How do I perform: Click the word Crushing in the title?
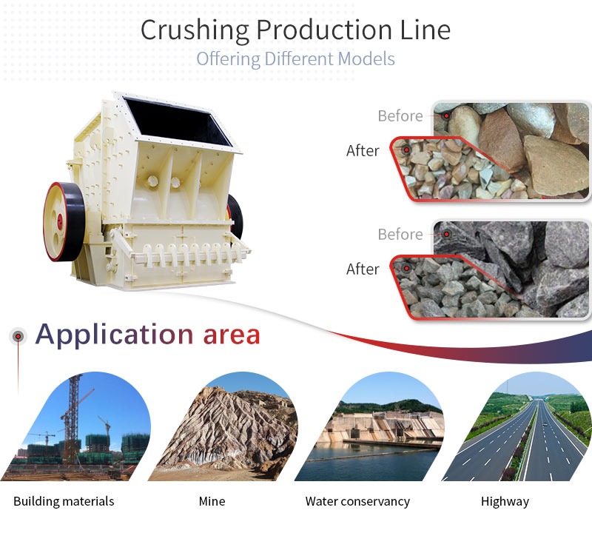pyautogui.click(x=195, y=30)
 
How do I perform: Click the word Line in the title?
pyautogui.click(x=425, y=30)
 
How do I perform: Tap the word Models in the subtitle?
pyautogui.click(x=366, y=58)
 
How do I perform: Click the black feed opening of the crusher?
pyautogui.click(x=178, y=121)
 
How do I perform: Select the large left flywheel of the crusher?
pyautogui.click(x=64, y=222)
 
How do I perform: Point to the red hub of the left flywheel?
pyautogui.click(x=60, y=220)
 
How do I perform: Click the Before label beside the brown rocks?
pyautogui.click(x=400, y=115)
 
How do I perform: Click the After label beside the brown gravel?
pyautogui.click(x=363, y=150)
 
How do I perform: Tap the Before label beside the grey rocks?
pyautogui.click(x=400, y=234)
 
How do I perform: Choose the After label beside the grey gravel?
pyautogui.click(x=363, y=269)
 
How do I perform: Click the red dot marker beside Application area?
pyautogui.click(x=18, y=336)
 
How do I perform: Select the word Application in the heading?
pyautogui.click(x=115, y=335)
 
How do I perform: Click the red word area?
pyautogui.click(x=232, y=335)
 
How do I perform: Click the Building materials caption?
pyautogui.click(x=64, y=501)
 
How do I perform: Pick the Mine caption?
pyautogui.click(x=212, y=501)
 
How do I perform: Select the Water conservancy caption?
pyautogui.click(x=357, y=501)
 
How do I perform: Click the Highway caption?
pyautogui.click(x=505, y=502)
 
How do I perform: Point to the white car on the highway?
pyautogui.click(x=544, y=425)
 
